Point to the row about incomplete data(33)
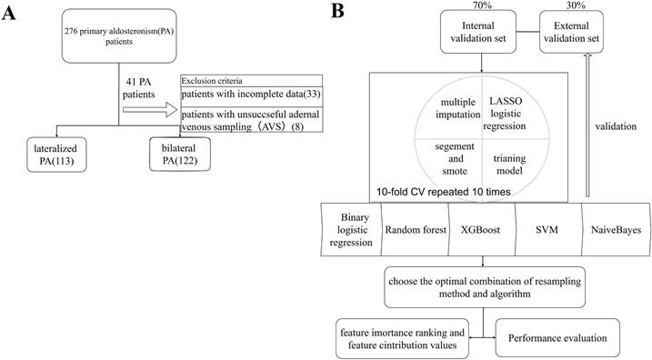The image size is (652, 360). (x=250, y=94)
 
